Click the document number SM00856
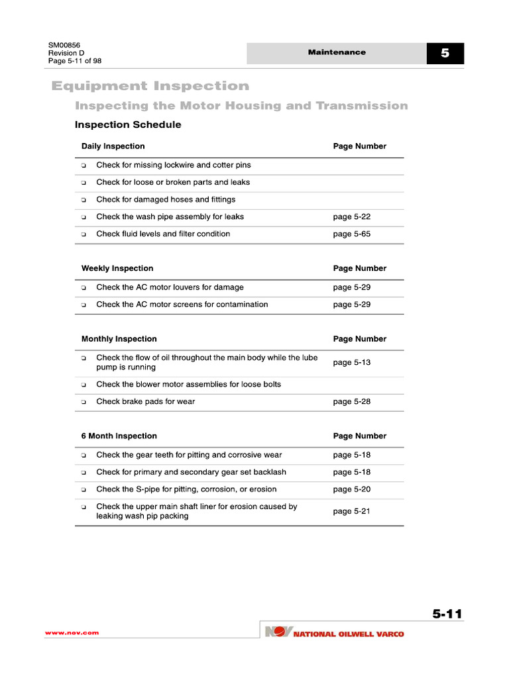(64, 45)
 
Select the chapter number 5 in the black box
(445, 54)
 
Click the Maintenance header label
(336, 52)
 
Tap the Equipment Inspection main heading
(150, 86)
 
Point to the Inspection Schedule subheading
(128, 124)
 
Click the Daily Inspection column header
(113, 146)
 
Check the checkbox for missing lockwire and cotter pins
(84, 166)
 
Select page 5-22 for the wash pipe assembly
(351, 217)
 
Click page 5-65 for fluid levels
(351, 234)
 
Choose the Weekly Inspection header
(117, 268)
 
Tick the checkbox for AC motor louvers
(84, 288)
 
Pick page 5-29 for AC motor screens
(351, 305)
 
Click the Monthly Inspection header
(119, 339)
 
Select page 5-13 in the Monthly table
(351, 363)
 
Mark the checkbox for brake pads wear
(84, 402)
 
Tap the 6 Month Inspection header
(119, 436)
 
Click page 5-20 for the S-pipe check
(351, 489)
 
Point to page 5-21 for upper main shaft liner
(351, 511)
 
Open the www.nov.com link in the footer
(72, 633)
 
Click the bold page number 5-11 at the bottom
(447, 614)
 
